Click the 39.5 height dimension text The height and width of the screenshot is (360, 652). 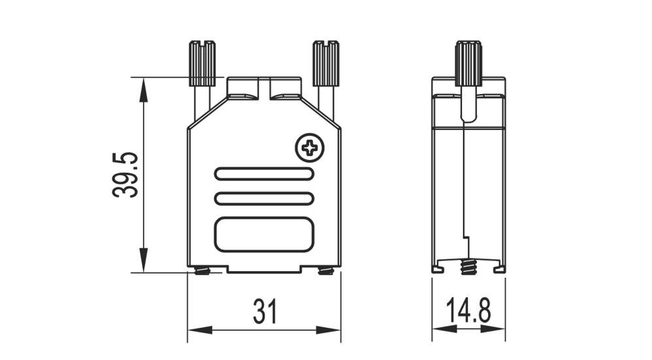coord(123,174)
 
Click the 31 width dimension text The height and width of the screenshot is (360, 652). coord(265,312)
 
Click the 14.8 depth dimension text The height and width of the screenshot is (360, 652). coord(468,312)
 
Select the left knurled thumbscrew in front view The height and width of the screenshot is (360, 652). coord(202,63)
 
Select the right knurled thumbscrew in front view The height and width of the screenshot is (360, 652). coord(325,63)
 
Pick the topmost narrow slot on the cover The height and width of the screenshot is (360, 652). coord(264,174)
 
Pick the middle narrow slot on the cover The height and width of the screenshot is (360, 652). coord(264,198)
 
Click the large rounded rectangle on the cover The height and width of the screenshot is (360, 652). coord(264,234)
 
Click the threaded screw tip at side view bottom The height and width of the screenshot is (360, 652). coord(467,267)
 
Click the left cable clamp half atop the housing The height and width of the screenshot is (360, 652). coord(242,89)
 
